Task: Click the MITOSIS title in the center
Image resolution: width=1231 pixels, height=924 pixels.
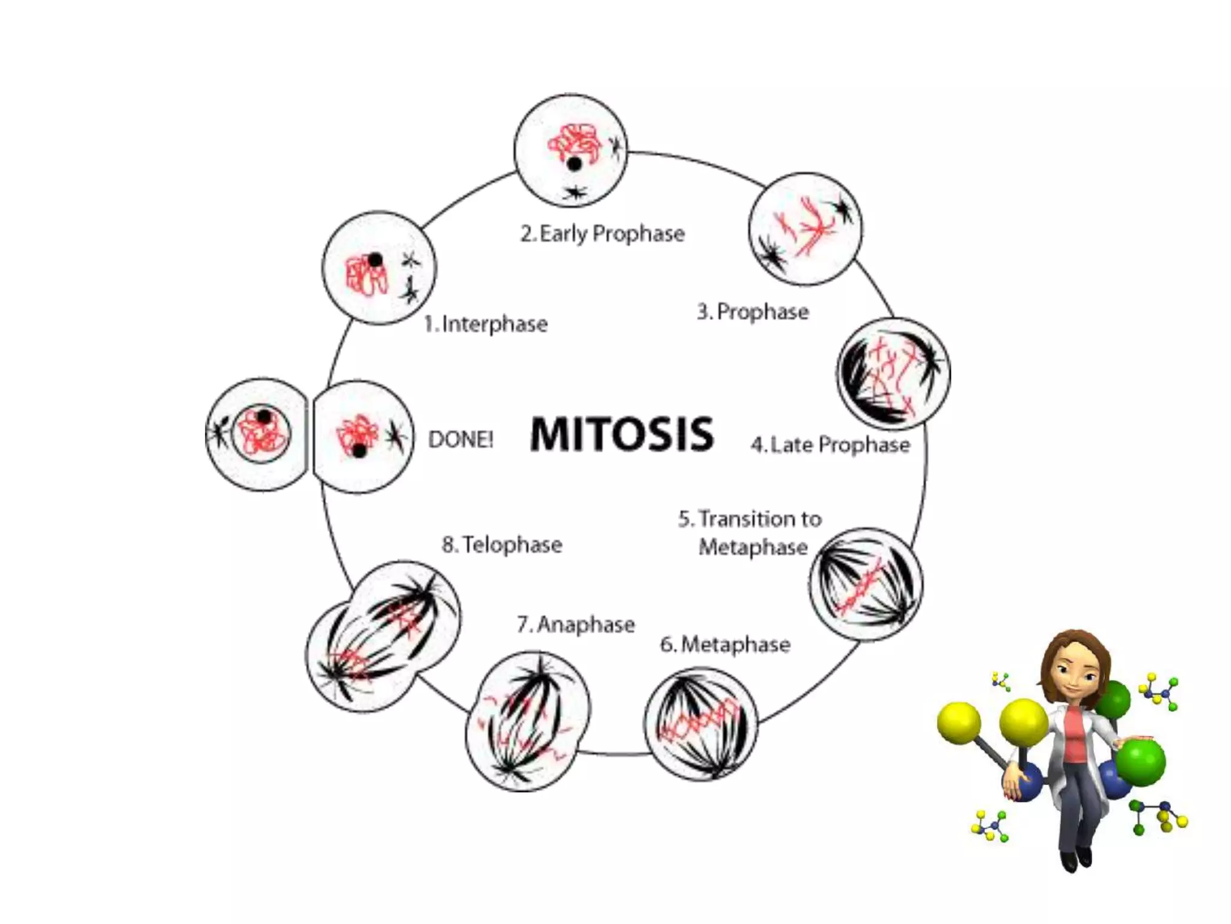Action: pos(622,434)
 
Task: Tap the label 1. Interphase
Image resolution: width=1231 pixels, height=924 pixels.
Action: pos(486,324)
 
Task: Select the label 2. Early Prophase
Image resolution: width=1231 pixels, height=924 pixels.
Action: pos(602,233)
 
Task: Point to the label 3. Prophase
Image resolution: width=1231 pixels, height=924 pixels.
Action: pos(753,312)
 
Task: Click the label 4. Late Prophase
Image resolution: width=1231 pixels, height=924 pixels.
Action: pos(830,445)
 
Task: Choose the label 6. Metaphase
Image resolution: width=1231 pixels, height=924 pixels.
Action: pos(725,644)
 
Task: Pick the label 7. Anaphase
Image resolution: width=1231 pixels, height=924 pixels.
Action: pos(576,624)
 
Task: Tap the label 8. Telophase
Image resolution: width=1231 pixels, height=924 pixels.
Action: pos(502,544)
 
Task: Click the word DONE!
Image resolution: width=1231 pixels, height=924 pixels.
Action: pos(460,440)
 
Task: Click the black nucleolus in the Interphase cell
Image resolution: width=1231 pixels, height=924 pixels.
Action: pos(375,260)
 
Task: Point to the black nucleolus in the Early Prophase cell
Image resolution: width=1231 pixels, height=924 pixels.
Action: pos(575,163)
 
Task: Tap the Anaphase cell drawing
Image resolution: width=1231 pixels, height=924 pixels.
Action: pos(528,722)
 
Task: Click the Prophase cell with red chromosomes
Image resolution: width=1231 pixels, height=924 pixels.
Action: pos(805,229)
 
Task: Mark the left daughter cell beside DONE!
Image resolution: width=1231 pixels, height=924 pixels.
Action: pos(257,434)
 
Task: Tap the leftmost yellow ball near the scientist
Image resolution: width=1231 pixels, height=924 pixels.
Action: pos(959,722)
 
